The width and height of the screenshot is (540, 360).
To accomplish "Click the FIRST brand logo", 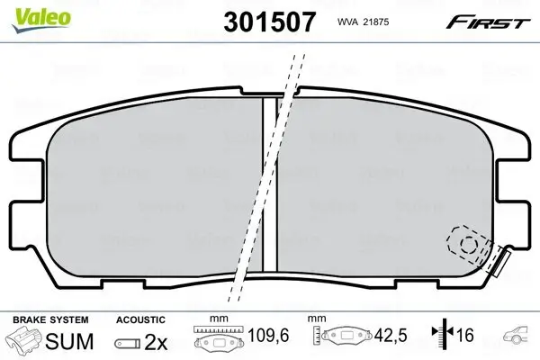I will [496, 20].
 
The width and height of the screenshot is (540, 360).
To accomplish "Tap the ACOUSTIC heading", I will [140, 319].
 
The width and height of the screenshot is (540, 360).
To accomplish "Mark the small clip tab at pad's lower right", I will [498, 262].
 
